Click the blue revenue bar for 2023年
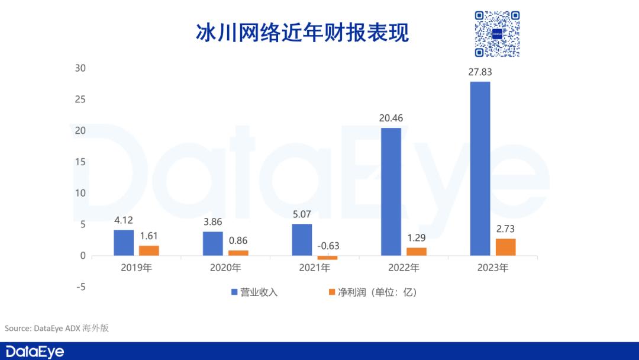click(480, 169)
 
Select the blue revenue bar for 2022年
click(390, 192)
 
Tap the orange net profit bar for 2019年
click(149, 250)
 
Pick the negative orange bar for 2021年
click(327, 258)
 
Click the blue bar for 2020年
click(213, 243)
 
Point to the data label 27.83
click(480, 72)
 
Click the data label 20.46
click(390, 118)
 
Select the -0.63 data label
click(328, 246)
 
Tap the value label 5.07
click(302, 214)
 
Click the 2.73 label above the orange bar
click(505, 229)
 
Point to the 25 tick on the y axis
click(80, 99)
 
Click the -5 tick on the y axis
click(80, 287)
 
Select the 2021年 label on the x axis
click(315, 268)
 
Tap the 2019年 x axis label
click(137, 268)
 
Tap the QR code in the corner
click(497, 34)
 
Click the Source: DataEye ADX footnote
click(57, 328)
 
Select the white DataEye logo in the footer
click(33, 351)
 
